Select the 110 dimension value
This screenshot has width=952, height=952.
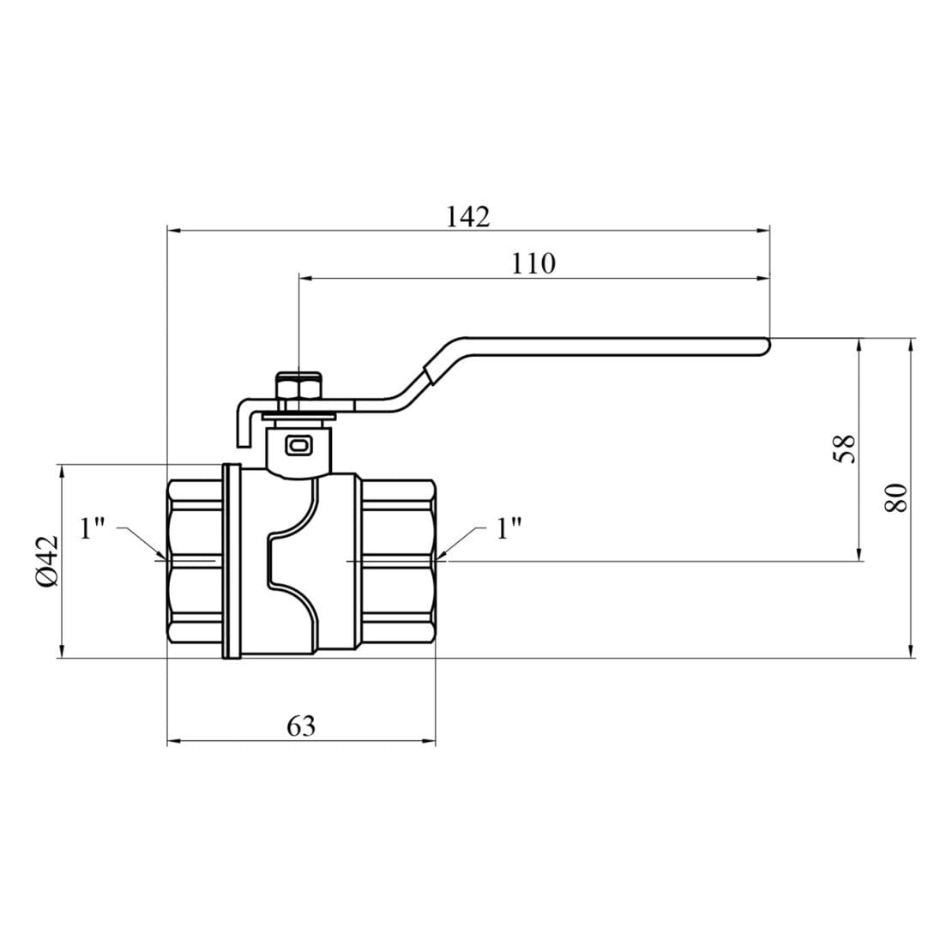533,264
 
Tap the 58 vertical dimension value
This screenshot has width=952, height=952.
844,448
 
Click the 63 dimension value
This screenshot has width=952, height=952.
301,726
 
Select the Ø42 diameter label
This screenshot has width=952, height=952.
46,561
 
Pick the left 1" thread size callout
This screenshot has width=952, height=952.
92,528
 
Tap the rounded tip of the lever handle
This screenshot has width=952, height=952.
766,345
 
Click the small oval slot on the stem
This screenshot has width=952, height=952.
298,445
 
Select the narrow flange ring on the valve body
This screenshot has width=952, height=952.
231,562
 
